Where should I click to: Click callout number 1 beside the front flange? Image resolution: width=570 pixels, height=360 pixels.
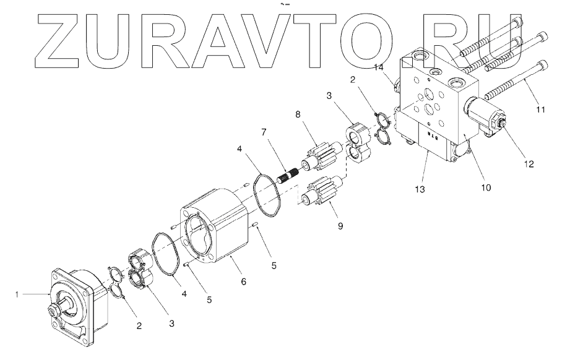tap(17, 294)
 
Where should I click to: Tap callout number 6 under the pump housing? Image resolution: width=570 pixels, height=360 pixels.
tap(244, 281)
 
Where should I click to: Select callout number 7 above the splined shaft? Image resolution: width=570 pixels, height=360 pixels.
tap(264, 132)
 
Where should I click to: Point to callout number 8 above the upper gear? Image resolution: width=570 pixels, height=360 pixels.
tap(298, 114)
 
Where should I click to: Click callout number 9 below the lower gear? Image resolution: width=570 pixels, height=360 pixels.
tap(340, 226)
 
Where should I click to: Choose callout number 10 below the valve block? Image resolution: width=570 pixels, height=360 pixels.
tap(486, 187)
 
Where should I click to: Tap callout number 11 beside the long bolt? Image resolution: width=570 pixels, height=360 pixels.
tap(541, 109)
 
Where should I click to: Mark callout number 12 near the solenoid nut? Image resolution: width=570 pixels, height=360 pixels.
tap(529, 164)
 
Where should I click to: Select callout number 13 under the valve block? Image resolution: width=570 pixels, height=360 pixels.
tap(420, 189)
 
